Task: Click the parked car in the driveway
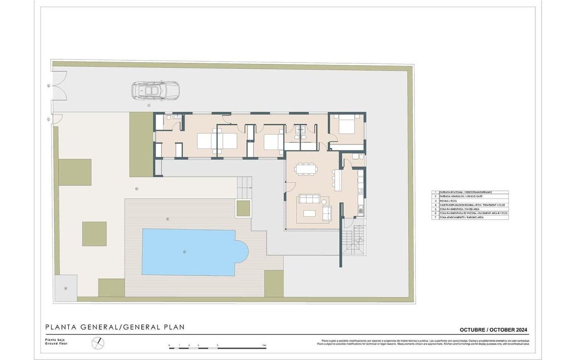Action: pos(155,90)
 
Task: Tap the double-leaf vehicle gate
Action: pos(59,85)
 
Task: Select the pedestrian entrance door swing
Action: pos(57,119)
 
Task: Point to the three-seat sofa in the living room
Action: pos(310,199)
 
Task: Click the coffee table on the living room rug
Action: pos(310,213)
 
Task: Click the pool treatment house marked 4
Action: pos(66,288)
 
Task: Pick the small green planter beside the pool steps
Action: pos(243,209)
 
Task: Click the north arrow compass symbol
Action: pos(98,343)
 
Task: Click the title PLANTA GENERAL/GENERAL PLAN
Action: pos(115,327)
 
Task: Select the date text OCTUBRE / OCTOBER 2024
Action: pos(494,329)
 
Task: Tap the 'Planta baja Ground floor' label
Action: pos(56,342)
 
